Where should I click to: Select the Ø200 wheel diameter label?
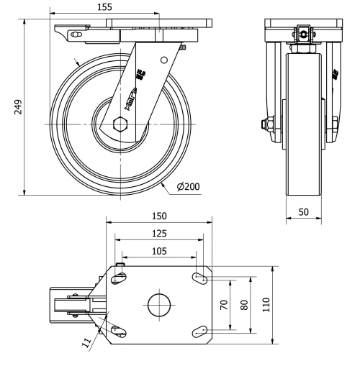(x=188, y=186)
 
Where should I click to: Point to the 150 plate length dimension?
(x=159, y=216)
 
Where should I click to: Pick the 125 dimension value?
(x=159, y=234)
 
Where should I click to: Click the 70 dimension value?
(x=225, y=304)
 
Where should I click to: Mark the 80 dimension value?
(x=244, y=304)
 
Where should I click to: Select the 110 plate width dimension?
(x=266, y=304)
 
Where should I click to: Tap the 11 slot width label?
(x=86, y=344)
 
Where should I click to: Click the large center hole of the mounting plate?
(x=159, y=305)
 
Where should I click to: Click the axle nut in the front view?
(x=267, y=124)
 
